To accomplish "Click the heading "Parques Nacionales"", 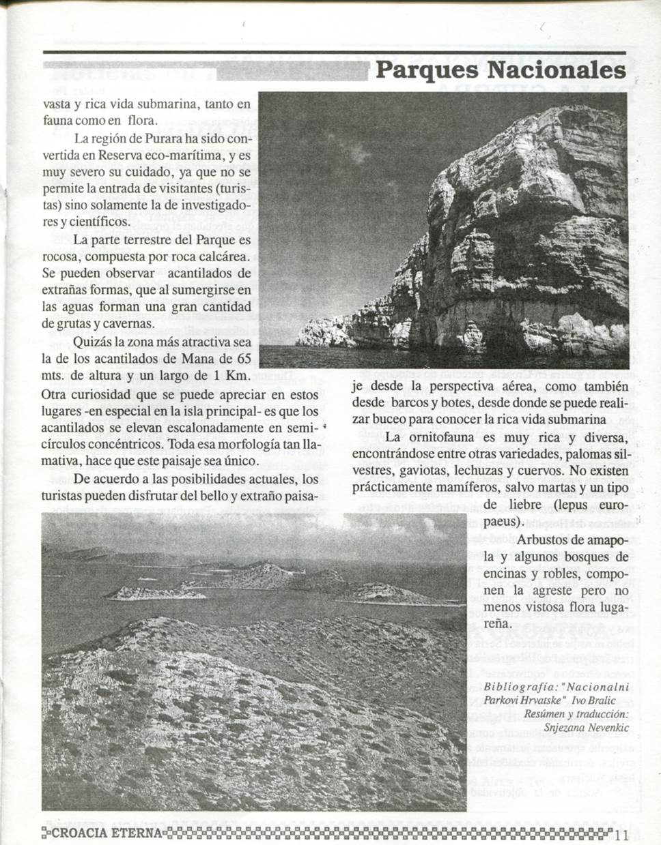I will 501,70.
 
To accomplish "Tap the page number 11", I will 621,834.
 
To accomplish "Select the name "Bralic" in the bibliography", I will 602,700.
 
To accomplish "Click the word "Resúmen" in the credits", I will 543,713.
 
